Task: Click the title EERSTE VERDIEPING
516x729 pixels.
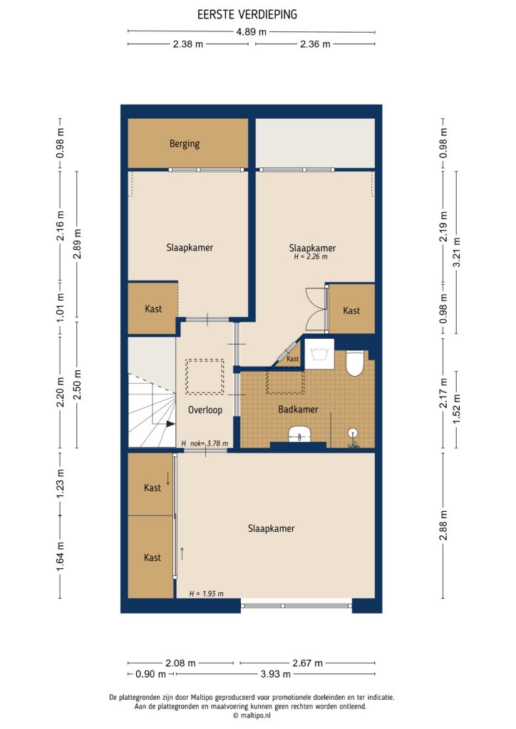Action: click(x=247, y=14)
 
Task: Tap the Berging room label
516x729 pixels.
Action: click(x=184, y=143)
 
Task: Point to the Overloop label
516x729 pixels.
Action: click(x=205, y=410)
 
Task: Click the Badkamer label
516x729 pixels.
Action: click(x=298, y=409)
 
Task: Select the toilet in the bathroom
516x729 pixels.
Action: click(x=355, y=365)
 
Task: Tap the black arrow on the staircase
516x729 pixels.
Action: click(x=170, y=424)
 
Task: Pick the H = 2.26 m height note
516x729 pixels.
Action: click(x=311, y=258)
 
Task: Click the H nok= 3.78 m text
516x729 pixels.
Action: click(x=205, y=444)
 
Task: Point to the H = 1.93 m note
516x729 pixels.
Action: click(x=206, y=593)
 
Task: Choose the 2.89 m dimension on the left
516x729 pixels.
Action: click(x=77, y=244)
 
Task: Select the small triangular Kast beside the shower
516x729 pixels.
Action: click(x=291, y=358)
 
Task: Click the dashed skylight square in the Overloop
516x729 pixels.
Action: click(x=205, y=377)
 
